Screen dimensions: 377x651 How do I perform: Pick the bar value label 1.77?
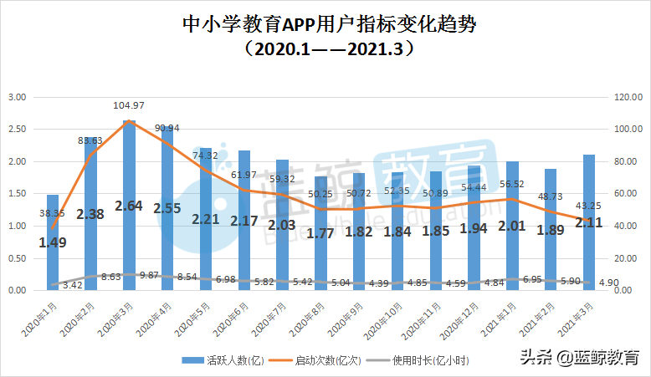pos(321,233)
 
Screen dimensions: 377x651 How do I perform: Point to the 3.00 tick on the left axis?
pos(17,97)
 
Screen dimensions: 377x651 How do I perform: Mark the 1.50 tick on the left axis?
pos(17,194)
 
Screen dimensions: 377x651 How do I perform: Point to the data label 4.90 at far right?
pos(607,283)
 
